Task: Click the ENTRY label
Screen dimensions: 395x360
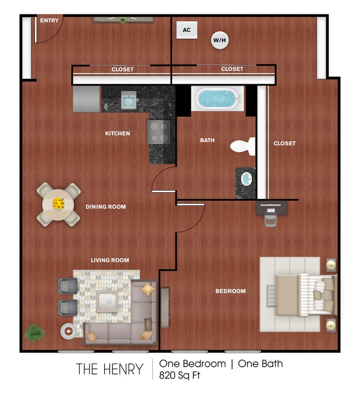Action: pyautogui.click(x=49, y=20)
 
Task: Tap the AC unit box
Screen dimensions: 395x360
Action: pyautogui.click(x=187, y=30)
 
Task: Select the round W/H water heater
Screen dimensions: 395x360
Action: pyautogui.click(x=219, y=40)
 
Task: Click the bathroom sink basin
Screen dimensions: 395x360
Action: pyautogui.click(x=246, y=179)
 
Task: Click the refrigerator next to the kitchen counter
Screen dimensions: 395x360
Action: pyautogui.click(x=86, y=99)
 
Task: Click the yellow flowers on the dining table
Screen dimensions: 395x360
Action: pyautogui.click(x=58, y=204)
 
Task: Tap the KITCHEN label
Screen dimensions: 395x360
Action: pyautogui.click(x=117, y=134)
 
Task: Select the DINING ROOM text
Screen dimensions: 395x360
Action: pyautogui.click(x=105, y=207)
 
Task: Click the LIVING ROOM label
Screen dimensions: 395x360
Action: pyautogui.click(x=110, y=260)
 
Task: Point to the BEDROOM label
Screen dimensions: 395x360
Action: pyautogui.click(x=230, y=291)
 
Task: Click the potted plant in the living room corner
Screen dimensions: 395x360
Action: pyautogui.click(x=34, y=332)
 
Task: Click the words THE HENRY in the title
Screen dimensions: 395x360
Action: pyautogui.click(x=109, y=369)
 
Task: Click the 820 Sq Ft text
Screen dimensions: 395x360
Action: pyautogui.click(x=179, y=375)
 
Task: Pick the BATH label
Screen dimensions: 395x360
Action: pyautogui.click(x=207, y=141)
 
